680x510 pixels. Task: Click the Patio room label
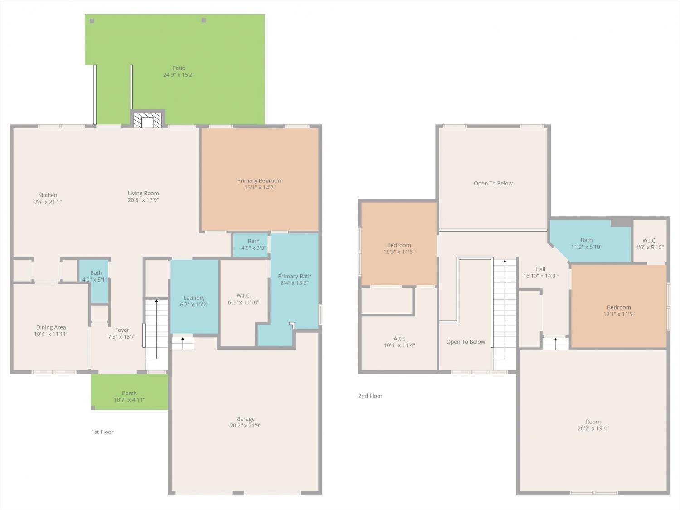pos(179,68)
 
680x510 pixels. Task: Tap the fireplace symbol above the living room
pos(147,120)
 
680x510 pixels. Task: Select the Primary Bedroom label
pos(260,180)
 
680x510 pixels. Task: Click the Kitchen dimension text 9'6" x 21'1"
pos(48,202)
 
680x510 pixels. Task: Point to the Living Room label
pos(143,193)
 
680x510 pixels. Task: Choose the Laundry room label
pos(194,298)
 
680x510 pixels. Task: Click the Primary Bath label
pos(295,276)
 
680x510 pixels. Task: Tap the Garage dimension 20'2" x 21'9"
pos(245,426)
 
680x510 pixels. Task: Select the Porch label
pos(129,393)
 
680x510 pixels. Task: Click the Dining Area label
pos(51,327)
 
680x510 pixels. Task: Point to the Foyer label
pos(122,330)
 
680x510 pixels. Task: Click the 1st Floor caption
pos(102,432)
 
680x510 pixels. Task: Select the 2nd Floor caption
pos(370,396)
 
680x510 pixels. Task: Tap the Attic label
pos(399,339)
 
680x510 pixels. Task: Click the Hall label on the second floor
pos(540,269)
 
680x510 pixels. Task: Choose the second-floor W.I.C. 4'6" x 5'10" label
pos(650,244)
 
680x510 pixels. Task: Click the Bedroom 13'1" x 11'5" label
pos(619,311)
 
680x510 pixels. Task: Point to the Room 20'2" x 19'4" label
pos(593,425)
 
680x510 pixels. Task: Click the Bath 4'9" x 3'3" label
pos(254,244)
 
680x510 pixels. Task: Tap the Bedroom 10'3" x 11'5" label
pos(399,248)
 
